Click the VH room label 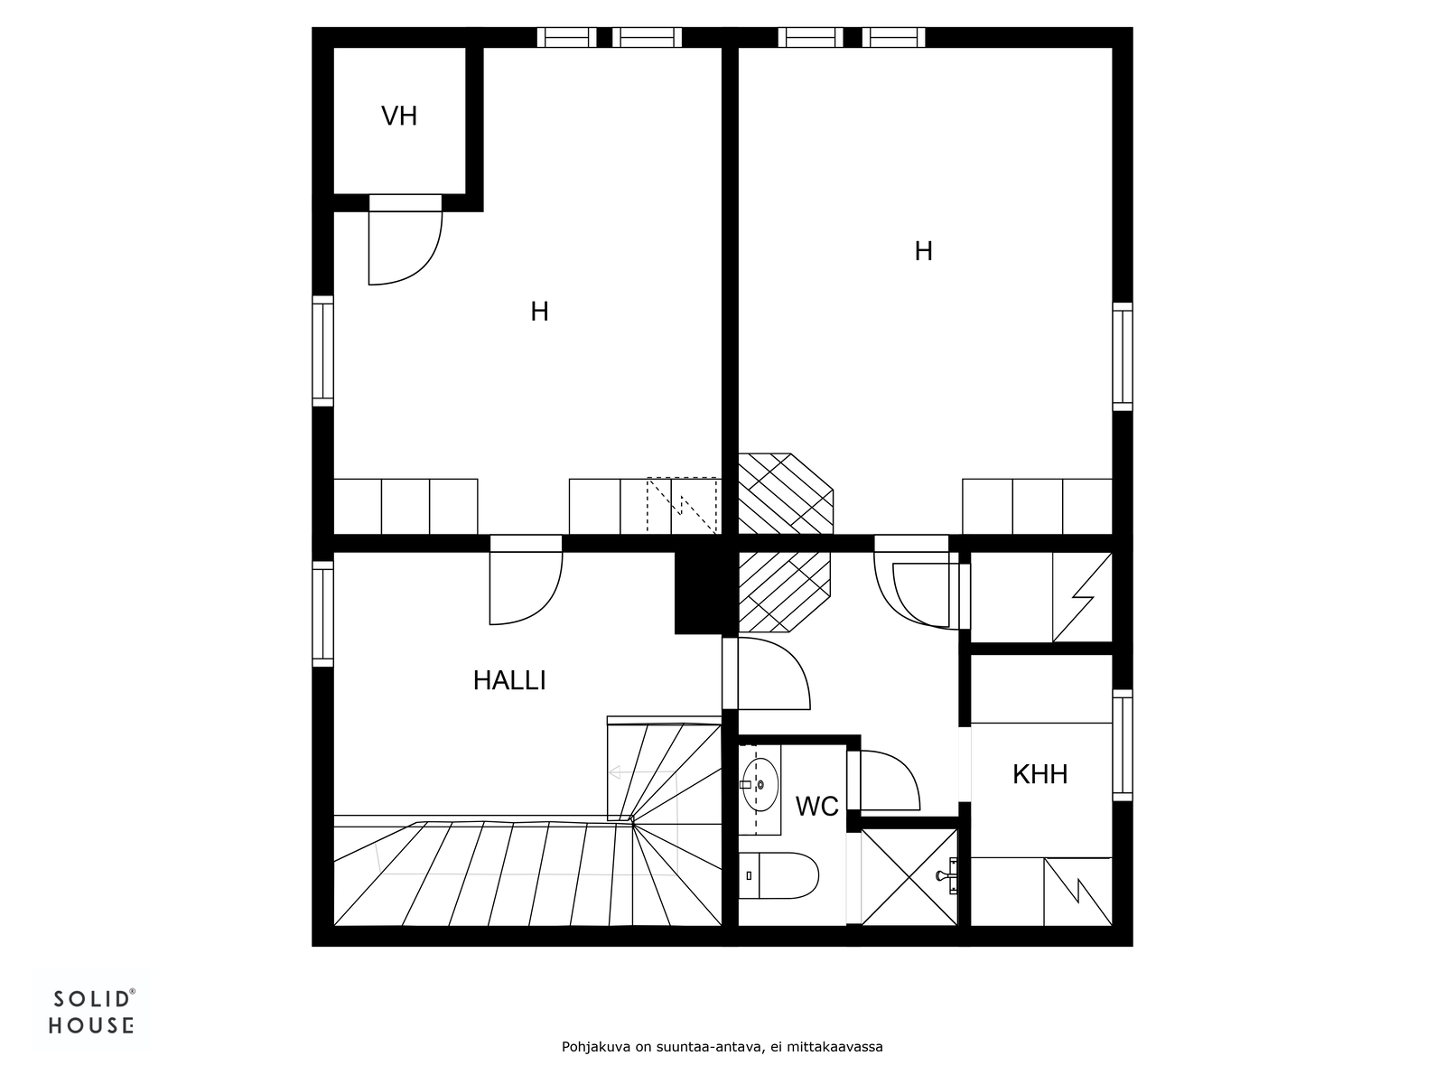coord(399,117)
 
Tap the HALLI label coord(509,680)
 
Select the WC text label coord(817,807)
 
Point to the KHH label coord(1040,775)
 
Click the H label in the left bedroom coord(539,312)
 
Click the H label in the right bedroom coord(923,251)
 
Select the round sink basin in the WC coord(760,784)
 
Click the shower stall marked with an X coord(909,876)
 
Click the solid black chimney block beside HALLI coord(698,593)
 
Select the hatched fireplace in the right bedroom coord(786,493)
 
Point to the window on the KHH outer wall coord(1123,745)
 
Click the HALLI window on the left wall coord(322,613)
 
